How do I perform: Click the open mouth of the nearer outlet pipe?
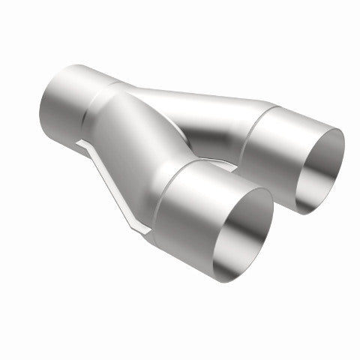click(x=238, y=233)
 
